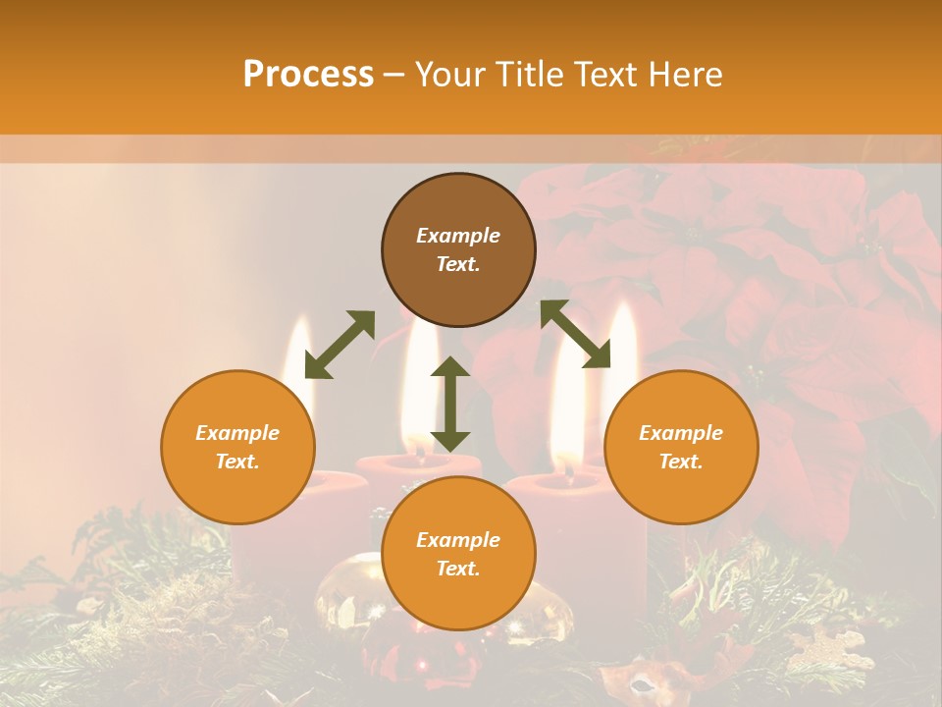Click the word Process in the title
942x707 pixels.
click(x=308, y=75)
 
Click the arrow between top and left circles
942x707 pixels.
click(x=340, y=345)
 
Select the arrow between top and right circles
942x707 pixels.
click(x=575, y=334)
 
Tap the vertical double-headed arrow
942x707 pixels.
click(x=450, y=404)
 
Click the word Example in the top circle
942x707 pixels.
click(x=458, y=236)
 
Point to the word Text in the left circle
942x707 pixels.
click(x=237, y=462)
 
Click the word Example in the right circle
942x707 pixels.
click(x=681, y=433)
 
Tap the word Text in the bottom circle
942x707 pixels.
click(x=458, y=569)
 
